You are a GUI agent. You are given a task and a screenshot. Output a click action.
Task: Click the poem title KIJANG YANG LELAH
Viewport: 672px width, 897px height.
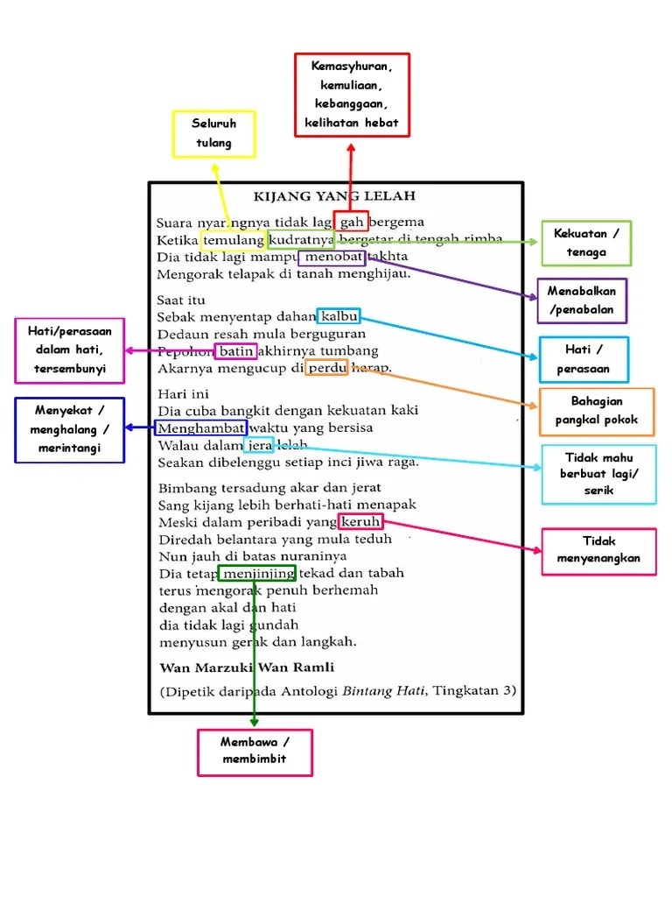click(334, 196)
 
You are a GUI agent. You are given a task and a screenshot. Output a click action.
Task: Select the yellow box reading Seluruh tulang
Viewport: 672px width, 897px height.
click(214, 134)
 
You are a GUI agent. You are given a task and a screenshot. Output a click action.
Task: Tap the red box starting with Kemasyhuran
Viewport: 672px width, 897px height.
click(352, 95)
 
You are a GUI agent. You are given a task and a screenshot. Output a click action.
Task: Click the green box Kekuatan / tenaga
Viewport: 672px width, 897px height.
click(585, 244)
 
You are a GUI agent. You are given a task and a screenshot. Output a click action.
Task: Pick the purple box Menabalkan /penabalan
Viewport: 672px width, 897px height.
click(582, 300)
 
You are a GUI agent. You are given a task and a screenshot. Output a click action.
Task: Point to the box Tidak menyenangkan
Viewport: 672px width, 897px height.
click(598, 551)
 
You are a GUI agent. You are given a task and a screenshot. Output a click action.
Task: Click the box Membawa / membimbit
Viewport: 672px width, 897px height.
click(255, 752)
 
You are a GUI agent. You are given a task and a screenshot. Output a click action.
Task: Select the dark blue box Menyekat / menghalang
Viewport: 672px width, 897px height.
click(70, 430)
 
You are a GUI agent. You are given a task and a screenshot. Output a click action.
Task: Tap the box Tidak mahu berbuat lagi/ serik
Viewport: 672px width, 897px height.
click(598, 474)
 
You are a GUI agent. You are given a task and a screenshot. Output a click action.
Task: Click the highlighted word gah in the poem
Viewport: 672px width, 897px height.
click(352, 222)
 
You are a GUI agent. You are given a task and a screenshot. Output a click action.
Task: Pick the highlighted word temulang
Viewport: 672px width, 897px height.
click(234, 240)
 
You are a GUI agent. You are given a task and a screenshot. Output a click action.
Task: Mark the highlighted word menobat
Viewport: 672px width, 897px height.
click(332, 258)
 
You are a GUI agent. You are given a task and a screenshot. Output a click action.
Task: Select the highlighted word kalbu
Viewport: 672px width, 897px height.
click(339, 316)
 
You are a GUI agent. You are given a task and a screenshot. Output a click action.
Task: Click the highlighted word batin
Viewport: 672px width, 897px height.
click(236, 351)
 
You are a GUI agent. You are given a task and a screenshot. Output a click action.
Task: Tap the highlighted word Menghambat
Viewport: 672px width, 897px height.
click(200, 427)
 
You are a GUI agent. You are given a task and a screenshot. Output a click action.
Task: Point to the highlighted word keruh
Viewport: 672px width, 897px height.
click(360, 521)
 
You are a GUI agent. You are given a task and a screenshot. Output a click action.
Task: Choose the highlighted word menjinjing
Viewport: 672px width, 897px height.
click(257, 573)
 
